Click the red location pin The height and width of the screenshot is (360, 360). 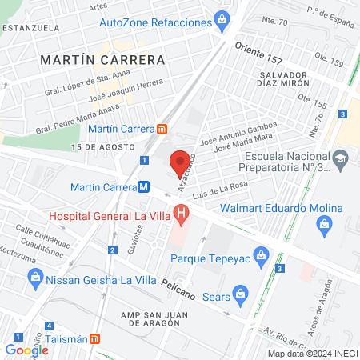click(x=180, y=162)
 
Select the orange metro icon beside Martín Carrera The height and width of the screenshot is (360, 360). click(x=162, y=129)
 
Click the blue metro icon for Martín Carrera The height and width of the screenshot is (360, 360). click(x=144, y=186)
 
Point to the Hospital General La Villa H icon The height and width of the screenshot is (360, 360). click(x=182, y=214)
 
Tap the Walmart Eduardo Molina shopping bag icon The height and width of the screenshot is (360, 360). click(x=324, y=223)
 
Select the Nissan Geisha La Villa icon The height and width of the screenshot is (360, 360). click(x=34, y=278)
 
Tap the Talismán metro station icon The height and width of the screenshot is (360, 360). click(x=94, y=338)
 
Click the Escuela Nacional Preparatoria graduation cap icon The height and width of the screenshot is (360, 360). click(x=341, y=156)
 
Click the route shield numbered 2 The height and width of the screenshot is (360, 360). click(x=113, y=250)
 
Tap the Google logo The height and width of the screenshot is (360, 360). click(x=26, y=350)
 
